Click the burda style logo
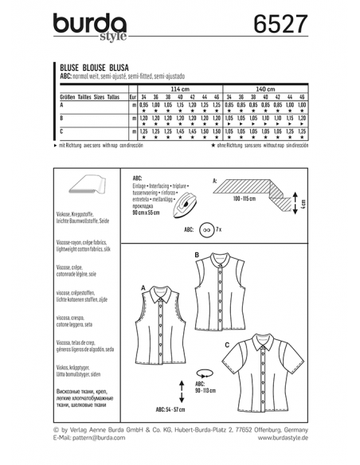click(87, 27)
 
